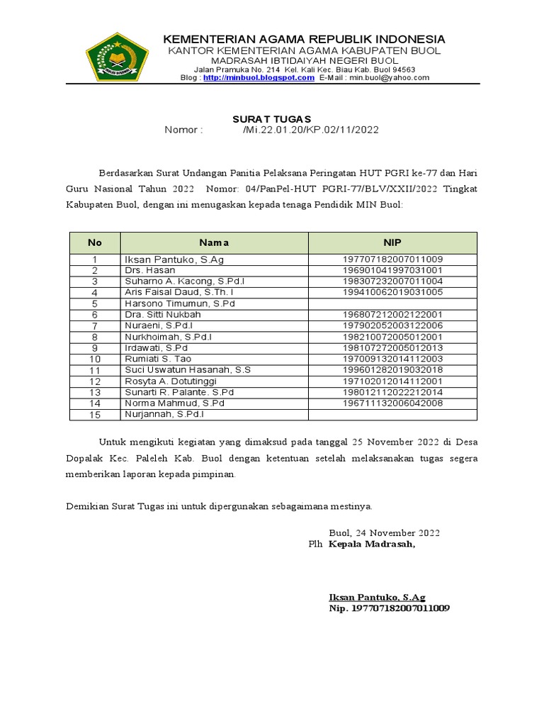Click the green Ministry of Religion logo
click(x=117, y=57)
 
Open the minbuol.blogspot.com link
click(x=259, y=78)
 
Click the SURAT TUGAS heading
click(x=272, y=119)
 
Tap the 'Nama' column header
click(x=214, y=242)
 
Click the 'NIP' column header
click(x=392, y=242)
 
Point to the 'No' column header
click(x=94, y=242)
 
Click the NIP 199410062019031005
click(x=392, y=292)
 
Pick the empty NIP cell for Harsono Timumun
click(x=392, y=303)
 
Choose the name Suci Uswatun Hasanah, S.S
click(x=188, y=370)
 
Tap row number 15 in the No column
click(x=94, y=414)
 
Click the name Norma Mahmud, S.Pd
click(x=174, y=403)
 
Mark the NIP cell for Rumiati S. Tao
click(x=392, y=359)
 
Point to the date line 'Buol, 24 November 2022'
click(x=384, y=532)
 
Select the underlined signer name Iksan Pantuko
click(x=377, y=597)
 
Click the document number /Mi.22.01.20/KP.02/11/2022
click(x=310, y=130)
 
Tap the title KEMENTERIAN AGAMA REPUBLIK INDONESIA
click(x=305, y=38)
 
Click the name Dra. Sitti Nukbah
click(x=163, y=314)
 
